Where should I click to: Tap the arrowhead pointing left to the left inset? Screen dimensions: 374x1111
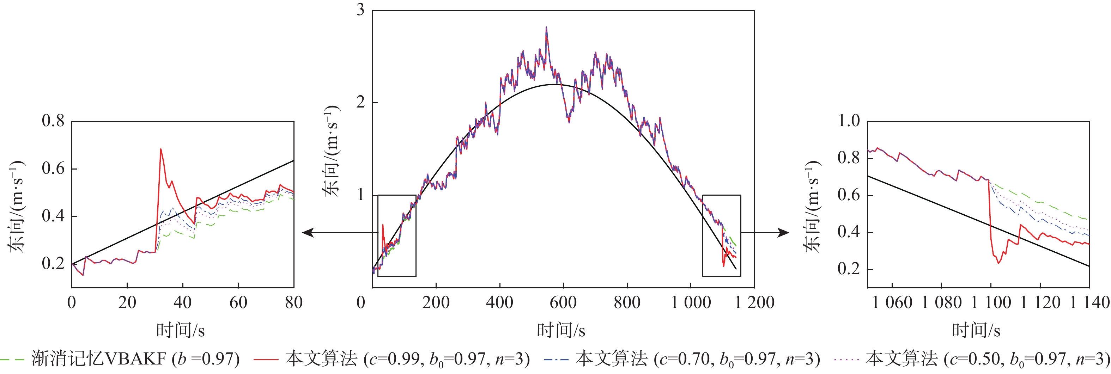point(307,233)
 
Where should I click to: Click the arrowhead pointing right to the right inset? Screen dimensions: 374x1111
point(784,233)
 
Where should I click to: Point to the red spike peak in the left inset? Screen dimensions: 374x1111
point(161,149)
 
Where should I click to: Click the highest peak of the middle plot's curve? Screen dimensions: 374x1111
point(546,27)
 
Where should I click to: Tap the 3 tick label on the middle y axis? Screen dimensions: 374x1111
point(360,10)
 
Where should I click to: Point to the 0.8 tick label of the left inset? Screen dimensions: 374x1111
point(53,121)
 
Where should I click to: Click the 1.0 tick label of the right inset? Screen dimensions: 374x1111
point(849,121)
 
